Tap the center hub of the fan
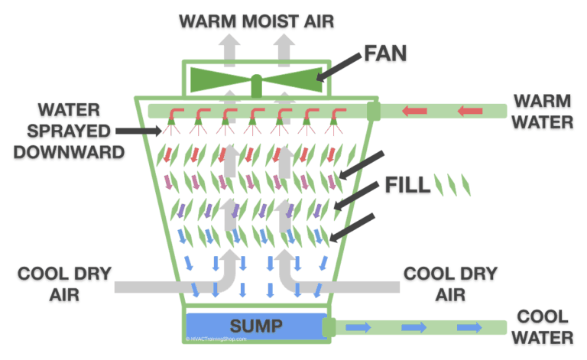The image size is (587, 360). point(257,79)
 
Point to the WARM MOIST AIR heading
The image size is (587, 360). point(256,18)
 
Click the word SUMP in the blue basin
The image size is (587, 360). point(256,326)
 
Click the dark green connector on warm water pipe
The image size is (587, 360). point(373,112)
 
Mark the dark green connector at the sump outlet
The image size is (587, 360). point(329,327)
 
